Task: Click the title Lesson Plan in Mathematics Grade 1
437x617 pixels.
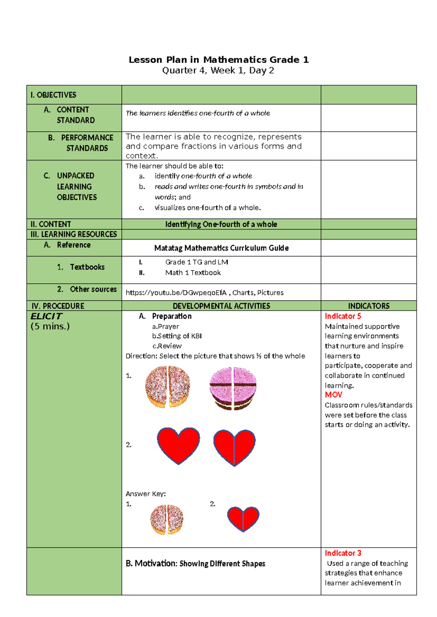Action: (x=219, y=60)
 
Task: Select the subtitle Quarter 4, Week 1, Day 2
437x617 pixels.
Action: (x=218, y=71)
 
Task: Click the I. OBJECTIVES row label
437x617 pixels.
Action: (x=53, y=95)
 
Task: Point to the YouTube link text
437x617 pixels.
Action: (x=176, y=293)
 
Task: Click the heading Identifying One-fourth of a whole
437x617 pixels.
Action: (x=221, y=224)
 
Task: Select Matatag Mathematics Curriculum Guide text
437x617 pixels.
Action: (x=221, y=248)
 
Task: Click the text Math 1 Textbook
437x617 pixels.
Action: (x=193, y=273)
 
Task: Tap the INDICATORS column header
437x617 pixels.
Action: (x=369, y=306)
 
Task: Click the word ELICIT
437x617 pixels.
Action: (x=46, y=317)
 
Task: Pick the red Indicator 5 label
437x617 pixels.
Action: (x=343, y=316)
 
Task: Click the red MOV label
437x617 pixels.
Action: (x=333, y=395)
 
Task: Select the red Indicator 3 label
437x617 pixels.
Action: (x=343, y=553)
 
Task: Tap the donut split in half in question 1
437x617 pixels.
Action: (x=168, y=387)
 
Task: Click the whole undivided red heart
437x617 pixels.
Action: (x=178, y=445)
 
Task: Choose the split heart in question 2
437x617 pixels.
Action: (x=234, y=447)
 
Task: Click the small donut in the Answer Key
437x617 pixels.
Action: (x=167, y=520)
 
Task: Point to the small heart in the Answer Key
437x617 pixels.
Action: (x=243, y=518)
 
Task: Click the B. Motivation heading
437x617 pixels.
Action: (x=195, y=564)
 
